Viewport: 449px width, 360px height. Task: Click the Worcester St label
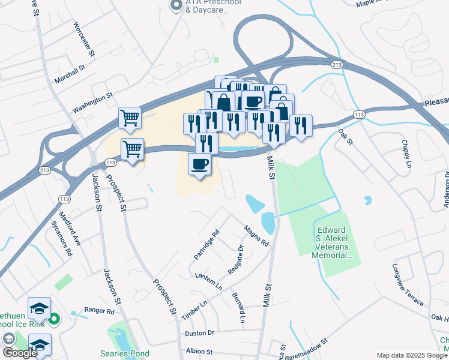[85, 39]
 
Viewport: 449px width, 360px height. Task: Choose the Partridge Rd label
[207, 245]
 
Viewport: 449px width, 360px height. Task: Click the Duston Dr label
[200, 332]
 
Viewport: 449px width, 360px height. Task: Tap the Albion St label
[199, 351]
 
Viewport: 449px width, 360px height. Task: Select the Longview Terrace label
[408, 284]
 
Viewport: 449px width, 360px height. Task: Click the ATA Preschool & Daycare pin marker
[176, 6]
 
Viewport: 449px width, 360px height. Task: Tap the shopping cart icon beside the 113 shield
[131, 148]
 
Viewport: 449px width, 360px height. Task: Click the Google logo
[19, 353]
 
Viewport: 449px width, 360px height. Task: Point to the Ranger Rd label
[99, 311]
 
